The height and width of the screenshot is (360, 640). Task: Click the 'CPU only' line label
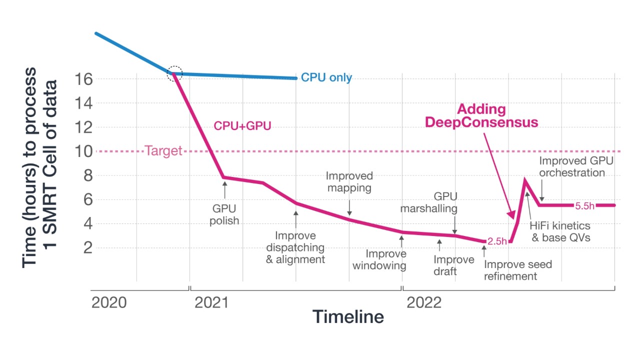326,78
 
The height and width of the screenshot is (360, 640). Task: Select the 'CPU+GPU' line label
242,126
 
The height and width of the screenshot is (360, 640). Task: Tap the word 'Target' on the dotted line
163,151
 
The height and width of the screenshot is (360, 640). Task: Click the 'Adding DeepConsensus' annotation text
481,116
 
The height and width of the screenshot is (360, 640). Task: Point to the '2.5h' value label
497,241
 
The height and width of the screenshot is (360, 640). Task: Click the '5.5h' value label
585,205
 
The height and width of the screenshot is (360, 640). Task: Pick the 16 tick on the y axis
83,79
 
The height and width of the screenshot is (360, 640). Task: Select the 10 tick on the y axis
83,151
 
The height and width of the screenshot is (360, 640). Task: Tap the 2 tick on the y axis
88,247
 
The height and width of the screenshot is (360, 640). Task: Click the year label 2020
110,303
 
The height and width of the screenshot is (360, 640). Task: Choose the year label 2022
423,303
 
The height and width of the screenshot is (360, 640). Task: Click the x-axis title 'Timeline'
348,317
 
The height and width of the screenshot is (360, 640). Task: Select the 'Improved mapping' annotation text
349,182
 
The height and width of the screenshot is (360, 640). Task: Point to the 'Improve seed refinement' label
517,270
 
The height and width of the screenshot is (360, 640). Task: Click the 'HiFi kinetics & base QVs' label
560,232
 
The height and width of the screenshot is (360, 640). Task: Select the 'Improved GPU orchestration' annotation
576,167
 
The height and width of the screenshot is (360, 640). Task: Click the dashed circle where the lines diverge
174,73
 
